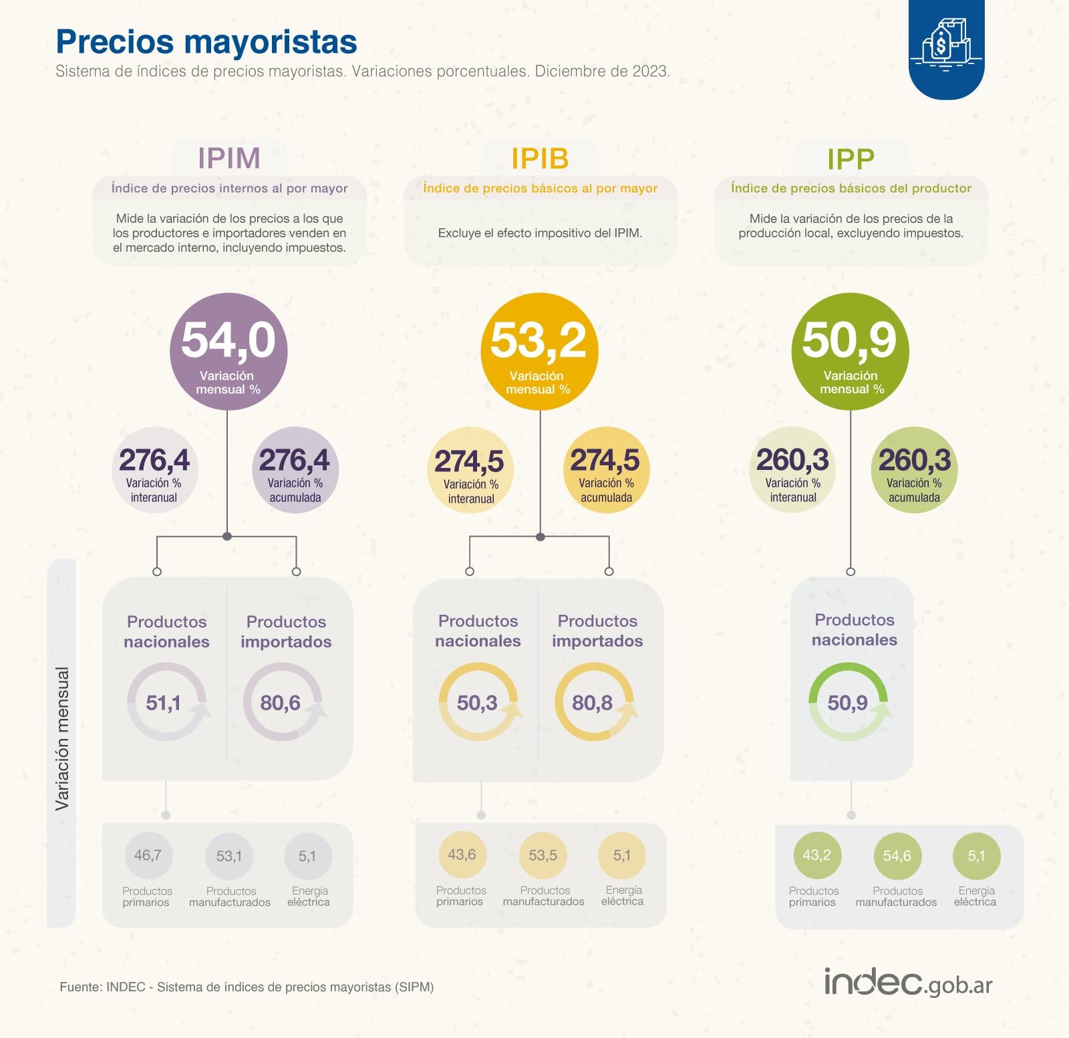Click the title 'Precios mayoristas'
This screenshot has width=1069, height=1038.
coord(206,41)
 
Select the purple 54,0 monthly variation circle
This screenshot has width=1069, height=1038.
coord(228,352)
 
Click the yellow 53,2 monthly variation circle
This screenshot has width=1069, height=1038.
coord(539,352)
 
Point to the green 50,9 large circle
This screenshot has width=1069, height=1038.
coord(849,352)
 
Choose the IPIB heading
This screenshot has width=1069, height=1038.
coord(540,159)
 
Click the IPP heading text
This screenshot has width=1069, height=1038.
coord(851,159)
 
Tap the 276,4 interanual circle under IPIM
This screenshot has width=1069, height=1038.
coord(154,470)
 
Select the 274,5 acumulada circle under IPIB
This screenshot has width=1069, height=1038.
coord(605,470)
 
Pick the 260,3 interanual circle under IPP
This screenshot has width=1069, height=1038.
coord(792,470)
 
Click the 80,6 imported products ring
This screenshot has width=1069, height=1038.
coord(281,702)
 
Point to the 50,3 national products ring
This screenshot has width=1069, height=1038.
coord(478,702)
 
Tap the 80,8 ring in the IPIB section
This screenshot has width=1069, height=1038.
coord(593,702)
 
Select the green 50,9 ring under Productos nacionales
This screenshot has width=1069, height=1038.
coord(848,702)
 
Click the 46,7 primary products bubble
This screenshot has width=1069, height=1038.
coord(148,855)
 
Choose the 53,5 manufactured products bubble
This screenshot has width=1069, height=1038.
coord(543,855)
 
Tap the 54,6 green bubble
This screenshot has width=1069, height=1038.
coord(897,856)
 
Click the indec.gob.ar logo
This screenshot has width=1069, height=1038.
coord(908,983)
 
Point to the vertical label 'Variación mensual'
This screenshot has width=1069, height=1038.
coord(62,738)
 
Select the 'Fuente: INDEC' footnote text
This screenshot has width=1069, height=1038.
coord(247,987)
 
